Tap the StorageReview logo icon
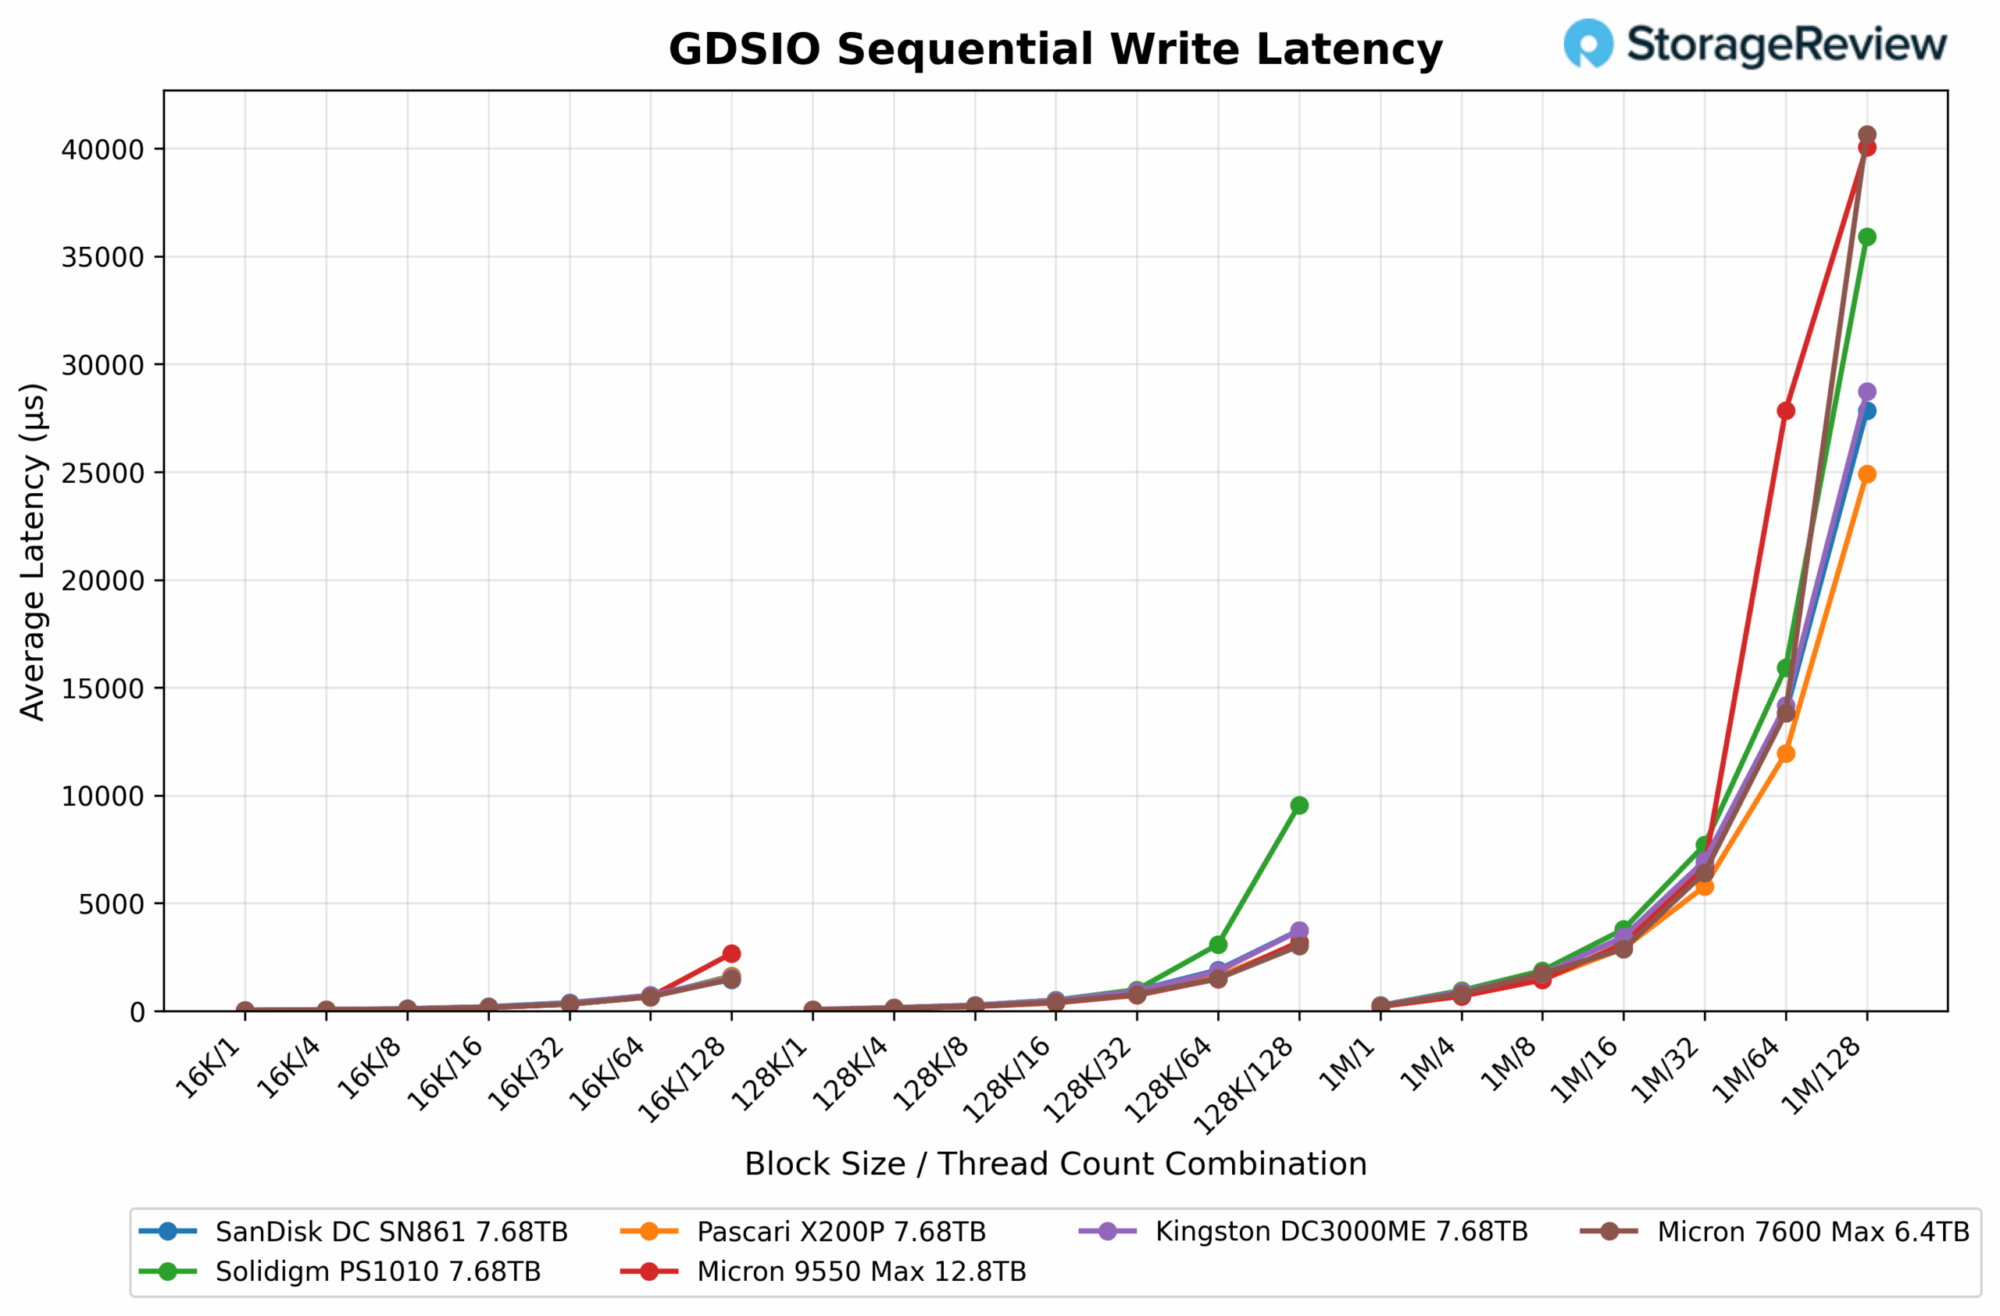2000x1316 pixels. click(1587, 43)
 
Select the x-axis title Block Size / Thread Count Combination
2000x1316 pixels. click(1055, 1164)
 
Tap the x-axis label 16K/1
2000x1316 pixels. click(209, 1068)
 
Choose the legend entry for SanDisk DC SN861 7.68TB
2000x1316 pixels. click(391, 1232)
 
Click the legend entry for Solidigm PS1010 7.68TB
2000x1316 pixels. click(377, 1271)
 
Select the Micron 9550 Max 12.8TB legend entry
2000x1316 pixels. click(862, 1271)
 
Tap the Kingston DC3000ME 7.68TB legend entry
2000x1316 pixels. click(1341, 1231)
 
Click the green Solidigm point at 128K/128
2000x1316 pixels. click(1299, 805)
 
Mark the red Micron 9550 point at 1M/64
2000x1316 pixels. click(1786, 410)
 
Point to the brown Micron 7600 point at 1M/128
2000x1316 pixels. click(1867, 134)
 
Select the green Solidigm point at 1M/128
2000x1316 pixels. click(1867, 237)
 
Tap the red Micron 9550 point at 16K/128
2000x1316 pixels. click(731, 954)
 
